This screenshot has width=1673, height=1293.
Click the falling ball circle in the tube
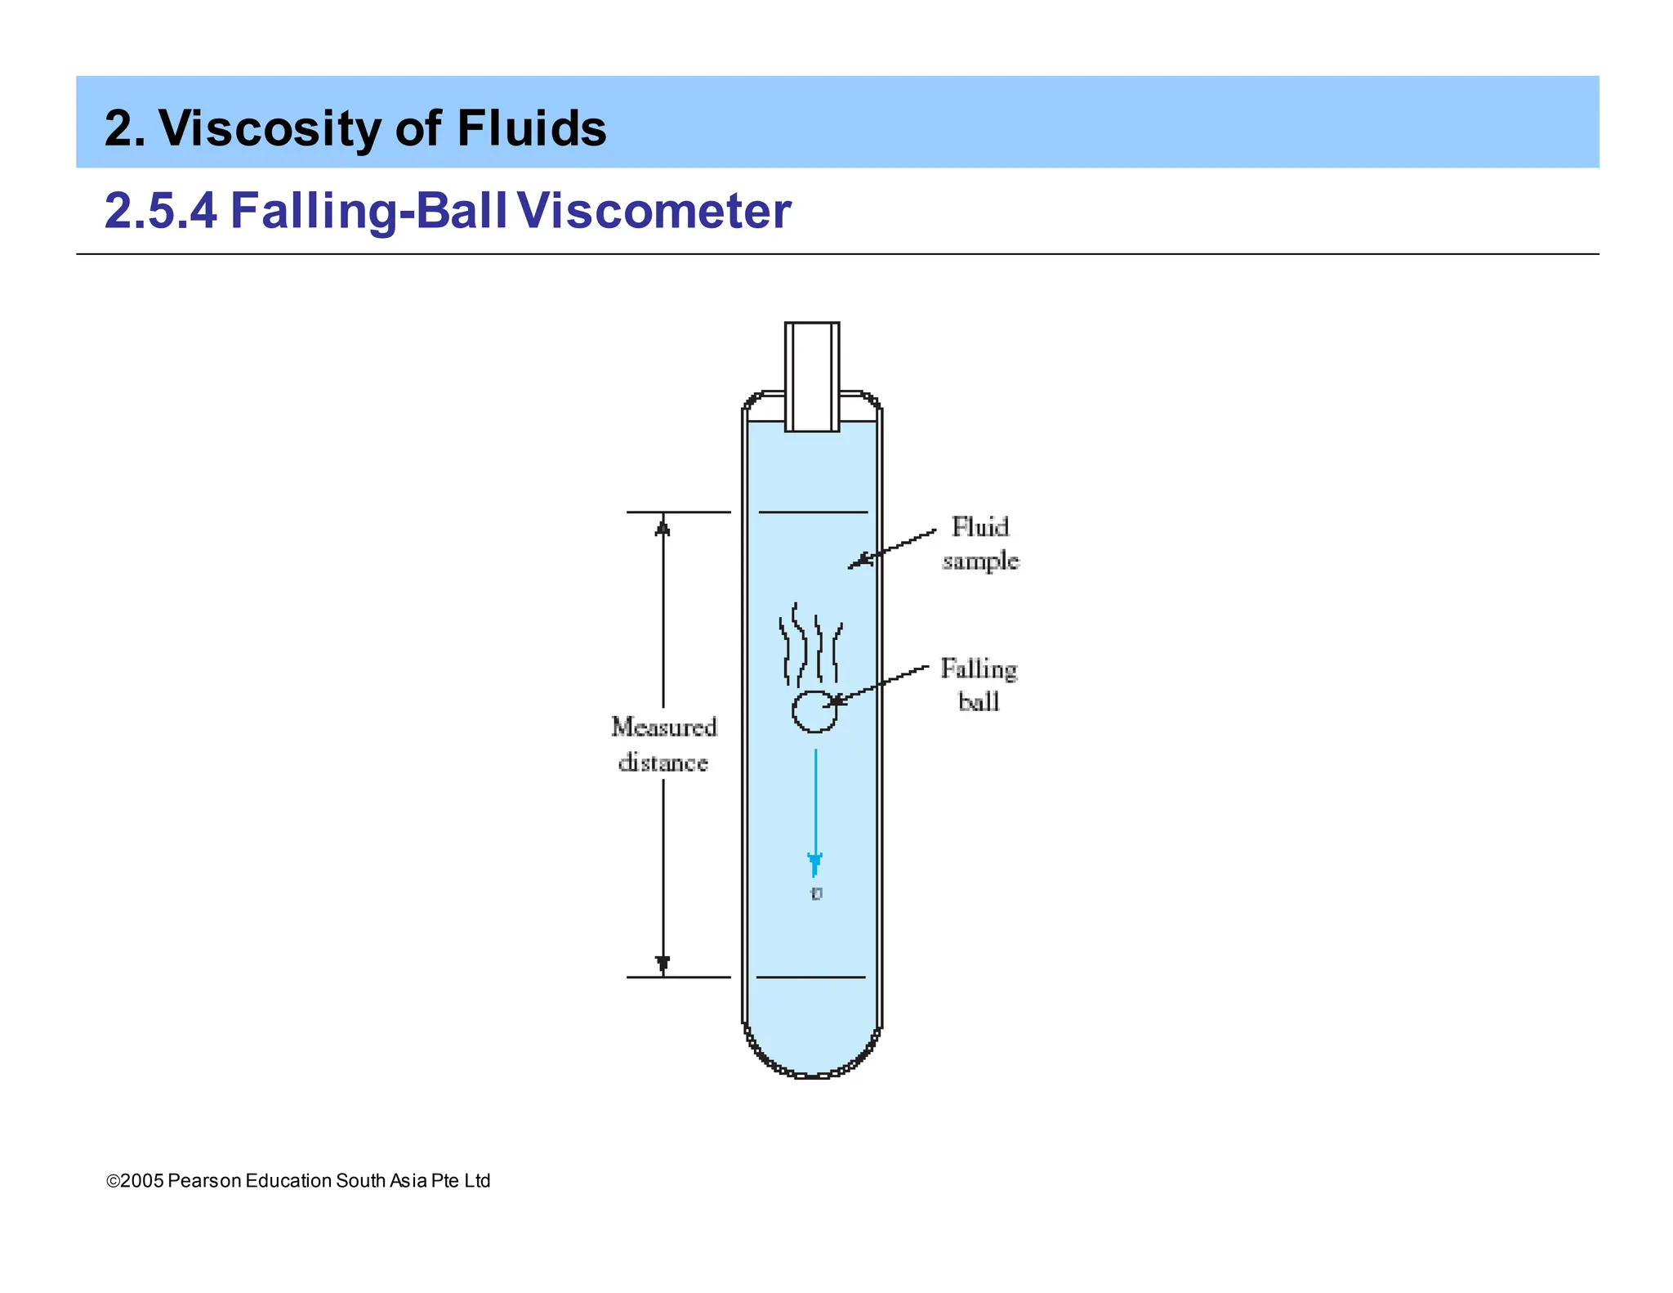coord(814,711)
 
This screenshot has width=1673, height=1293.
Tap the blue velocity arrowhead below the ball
coord(814,863)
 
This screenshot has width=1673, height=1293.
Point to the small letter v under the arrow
coord(816,893)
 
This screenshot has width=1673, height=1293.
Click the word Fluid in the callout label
coord(980,527)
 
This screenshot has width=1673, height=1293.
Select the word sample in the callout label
coord(980,561)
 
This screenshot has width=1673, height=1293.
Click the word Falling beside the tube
coord(979,669)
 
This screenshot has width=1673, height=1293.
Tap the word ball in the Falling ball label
coord(979,702)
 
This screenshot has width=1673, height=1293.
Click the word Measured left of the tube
coord(664,727)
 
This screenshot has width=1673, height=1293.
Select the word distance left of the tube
coord(663,763)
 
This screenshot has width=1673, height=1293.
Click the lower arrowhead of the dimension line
coord(663,964)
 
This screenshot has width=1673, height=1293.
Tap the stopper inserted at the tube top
coord(812,376)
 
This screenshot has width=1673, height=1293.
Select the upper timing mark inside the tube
coord(813,512)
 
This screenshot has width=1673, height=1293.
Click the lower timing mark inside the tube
coord(811,977)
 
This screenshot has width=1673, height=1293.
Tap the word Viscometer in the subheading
coord(654,211)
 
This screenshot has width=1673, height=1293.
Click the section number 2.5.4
coord(161,211)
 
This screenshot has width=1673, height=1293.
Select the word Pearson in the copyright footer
coord(204,1181)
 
